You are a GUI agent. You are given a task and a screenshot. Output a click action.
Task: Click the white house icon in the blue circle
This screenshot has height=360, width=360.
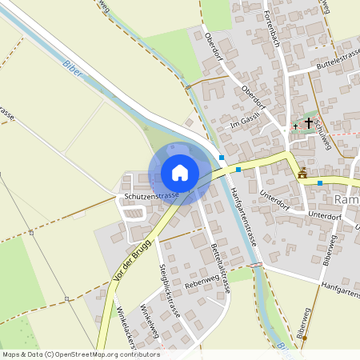pos(180,173)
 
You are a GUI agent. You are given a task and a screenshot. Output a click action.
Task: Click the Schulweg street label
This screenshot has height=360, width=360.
pos(322,128)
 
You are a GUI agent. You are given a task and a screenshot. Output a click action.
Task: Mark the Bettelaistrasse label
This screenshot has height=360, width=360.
pos(220,269)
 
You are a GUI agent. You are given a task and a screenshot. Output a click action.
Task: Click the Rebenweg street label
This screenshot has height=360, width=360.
pos(202,278)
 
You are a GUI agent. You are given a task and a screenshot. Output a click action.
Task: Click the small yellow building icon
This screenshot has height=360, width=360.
pos(302,174)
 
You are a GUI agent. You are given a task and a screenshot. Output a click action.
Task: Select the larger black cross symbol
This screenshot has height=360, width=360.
pos(308,124)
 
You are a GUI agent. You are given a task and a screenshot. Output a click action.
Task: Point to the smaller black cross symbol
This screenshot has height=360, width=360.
pos(294,126)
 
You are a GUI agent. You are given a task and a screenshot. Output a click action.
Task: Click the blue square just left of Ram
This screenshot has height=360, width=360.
pos(320,183)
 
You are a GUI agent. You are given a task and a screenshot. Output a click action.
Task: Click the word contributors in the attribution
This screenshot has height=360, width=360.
pos(142,354)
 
